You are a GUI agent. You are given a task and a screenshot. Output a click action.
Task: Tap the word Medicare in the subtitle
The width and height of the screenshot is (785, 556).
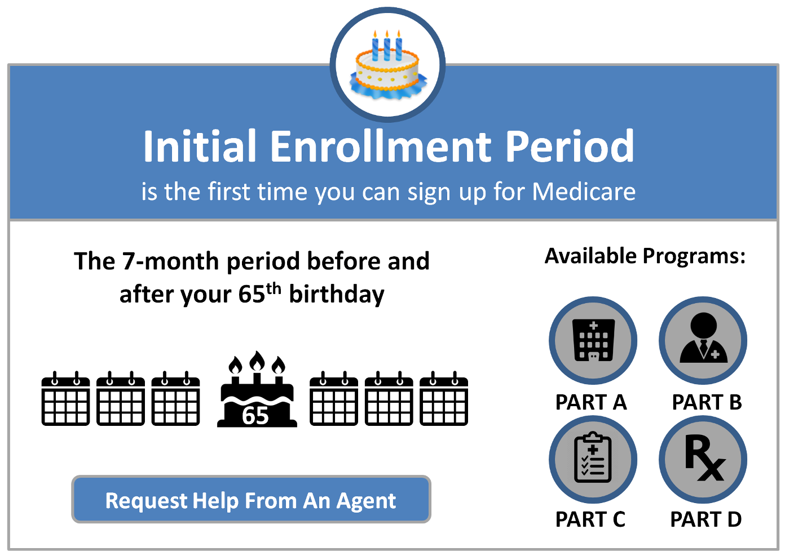584,192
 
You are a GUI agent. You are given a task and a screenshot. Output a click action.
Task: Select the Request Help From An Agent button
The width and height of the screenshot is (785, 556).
252,499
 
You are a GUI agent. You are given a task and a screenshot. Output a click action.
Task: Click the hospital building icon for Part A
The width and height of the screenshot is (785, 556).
593,340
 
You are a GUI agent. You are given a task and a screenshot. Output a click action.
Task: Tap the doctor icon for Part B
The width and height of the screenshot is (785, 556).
703,337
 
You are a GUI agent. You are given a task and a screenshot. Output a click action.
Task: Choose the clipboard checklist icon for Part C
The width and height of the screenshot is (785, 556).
593,457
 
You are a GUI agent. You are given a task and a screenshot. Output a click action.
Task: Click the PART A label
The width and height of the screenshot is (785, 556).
591,402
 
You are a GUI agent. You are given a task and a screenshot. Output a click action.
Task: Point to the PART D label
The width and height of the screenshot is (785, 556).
706,519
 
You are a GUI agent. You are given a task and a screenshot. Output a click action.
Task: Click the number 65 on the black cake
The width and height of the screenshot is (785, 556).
255,416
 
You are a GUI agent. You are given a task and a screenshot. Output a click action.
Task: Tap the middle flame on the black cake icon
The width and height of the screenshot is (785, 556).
257,361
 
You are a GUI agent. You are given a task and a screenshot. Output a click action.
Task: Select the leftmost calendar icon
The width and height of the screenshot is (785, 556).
65,398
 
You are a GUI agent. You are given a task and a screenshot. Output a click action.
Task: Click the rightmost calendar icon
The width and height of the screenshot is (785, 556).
444,398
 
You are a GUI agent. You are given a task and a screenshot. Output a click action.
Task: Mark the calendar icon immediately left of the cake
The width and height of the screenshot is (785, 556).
175,398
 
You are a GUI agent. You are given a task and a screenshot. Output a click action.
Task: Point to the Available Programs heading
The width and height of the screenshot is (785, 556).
645,256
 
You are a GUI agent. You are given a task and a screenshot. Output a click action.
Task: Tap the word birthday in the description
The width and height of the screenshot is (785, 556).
337,295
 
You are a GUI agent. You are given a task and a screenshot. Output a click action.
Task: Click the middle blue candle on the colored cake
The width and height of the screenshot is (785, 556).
387,46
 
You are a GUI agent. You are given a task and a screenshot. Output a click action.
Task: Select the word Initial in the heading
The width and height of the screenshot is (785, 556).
200,146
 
